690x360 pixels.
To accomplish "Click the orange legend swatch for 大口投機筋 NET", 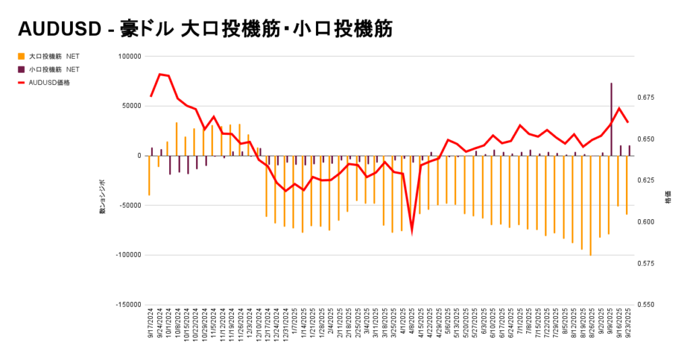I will [x=22, y=56].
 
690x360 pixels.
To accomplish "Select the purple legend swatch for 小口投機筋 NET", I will [x=22, y=69].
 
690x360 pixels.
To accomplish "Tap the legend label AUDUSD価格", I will [x=49, y=82].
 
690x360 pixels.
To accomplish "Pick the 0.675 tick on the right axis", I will [x=645, y=98].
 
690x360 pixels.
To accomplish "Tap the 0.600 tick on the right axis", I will [x=645, y=222].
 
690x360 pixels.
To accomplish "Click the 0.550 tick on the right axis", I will [x=645, y=304].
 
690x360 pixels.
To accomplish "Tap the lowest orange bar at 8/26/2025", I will [x=591, y=206].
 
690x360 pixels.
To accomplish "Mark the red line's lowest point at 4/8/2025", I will [x=412, y=230].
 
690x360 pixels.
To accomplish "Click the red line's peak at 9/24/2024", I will [x=160, y=74].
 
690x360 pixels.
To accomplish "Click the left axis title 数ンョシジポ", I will [x=102, y=198].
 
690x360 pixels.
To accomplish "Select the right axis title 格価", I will [x=668, y=200].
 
